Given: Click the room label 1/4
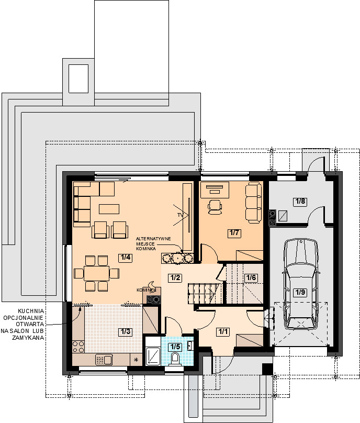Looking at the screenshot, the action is [x=125, y=258].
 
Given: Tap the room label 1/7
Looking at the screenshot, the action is [x=234, y=232].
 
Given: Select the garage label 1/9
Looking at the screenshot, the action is [x=300, y=292].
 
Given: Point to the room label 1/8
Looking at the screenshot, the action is [x=300, y=201].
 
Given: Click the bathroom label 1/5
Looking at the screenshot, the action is [x=175, y=347].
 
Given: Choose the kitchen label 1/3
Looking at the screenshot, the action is [x=126, y=331].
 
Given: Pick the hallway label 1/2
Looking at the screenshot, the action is [x=175, y=277].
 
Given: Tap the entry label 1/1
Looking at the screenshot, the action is [x=223, y=331].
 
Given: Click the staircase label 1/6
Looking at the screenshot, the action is [x=251, y=277].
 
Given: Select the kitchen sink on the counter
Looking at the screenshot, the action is [x=104, y=360].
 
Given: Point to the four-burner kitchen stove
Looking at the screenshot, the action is [x=78, y=347].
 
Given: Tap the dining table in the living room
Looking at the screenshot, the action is [x=96, y=274].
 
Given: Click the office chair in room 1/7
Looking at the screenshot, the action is [x=215, y=207].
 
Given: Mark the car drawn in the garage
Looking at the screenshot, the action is [x=301, y=284].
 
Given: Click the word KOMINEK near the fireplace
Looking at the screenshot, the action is [x=147, y=290].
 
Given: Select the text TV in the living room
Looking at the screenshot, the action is [x=180, y=215].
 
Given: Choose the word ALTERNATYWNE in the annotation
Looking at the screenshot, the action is [x=153, y=239].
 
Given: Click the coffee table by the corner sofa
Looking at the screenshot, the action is [x=109, y=209].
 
